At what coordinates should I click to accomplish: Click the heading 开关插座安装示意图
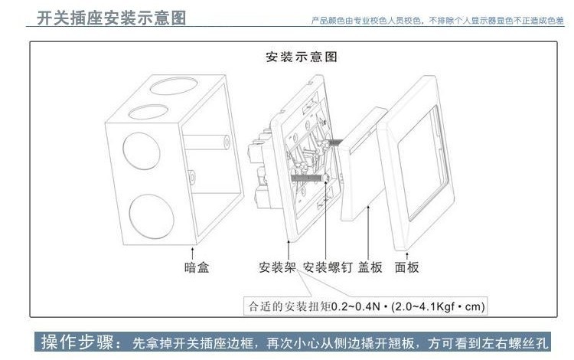pos(113,17)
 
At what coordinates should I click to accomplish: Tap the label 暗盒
pos(197,267)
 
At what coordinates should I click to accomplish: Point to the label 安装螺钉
pos(328,267)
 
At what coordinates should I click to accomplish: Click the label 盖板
pos(370,267)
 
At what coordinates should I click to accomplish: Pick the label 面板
pos(407,267)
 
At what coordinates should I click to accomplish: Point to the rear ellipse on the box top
pos(174,84)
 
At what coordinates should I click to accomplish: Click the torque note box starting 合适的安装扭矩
pos(366,306)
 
